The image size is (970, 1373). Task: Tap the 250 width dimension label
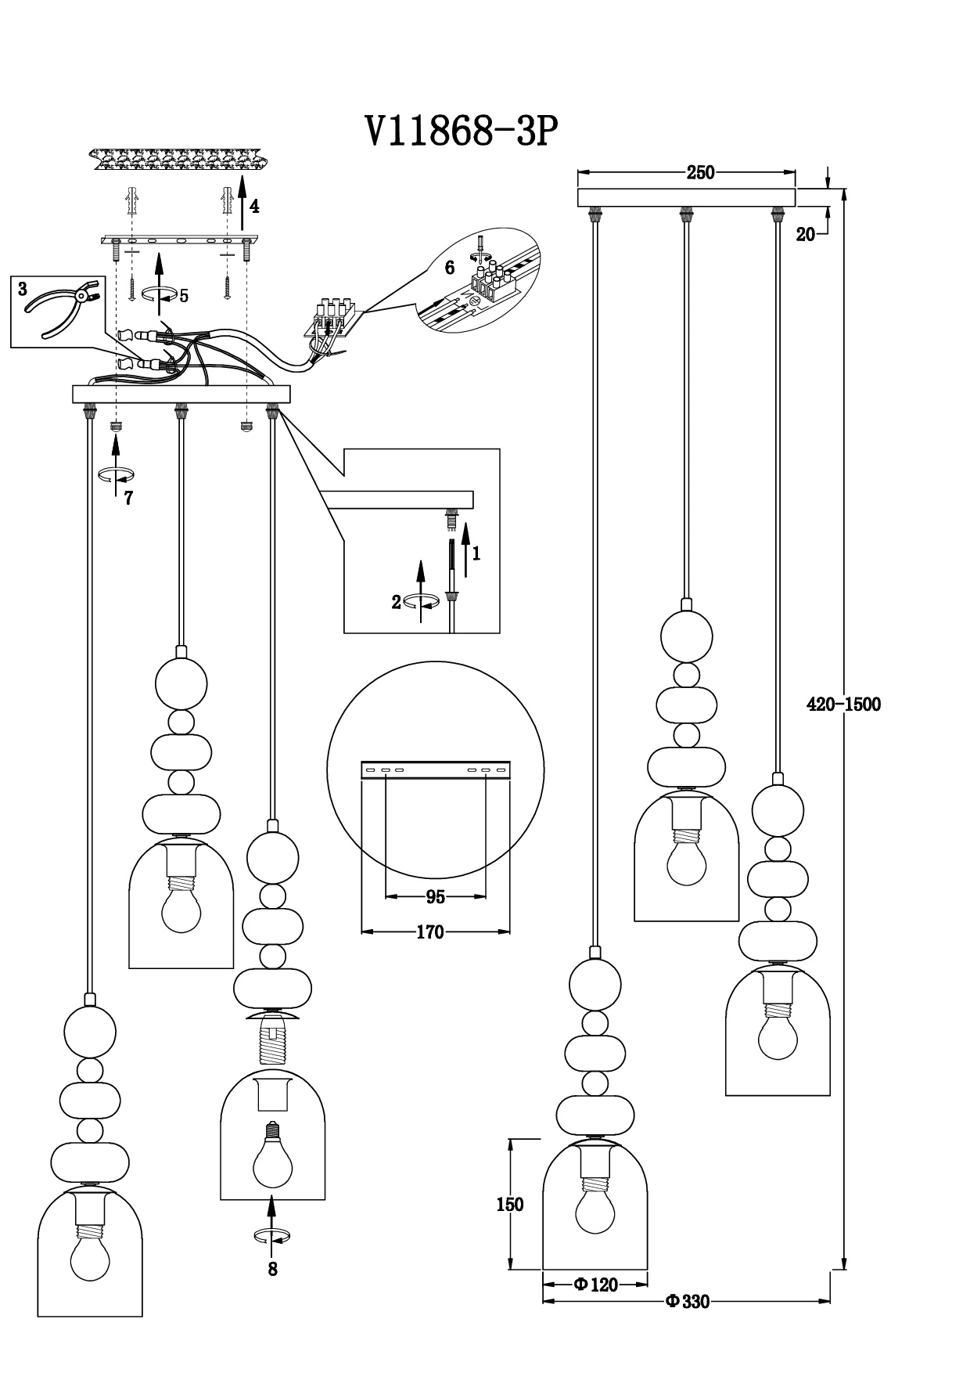[x=700, y=173]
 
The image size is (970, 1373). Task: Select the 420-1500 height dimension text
[x=843, y=704]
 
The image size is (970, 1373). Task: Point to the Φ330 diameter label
[x=687, y=1302]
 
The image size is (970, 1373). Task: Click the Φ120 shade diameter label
[x=595, y=1284]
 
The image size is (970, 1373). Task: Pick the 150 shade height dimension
[x=509, y=1204]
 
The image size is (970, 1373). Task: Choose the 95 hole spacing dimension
[x=435, y=897]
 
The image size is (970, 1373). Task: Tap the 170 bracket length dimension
[x=430, y=932]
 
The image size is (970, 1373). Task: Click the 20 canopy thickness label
[x=805, y=234]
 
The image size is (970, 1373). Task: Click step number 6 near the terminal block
[x=449, y=268]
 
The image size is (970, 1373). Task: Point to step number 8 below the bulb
[x=272, y=1269]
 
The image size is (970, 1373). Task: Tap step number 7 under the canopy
[x=128, y=498]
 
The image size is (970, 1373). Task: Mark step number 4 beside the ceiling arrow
[x=254, y=207]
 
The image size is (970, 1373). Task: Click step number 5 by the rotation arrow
[x=184, y=296]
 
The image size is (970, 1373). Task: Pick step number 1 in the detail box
[x=476, y=553]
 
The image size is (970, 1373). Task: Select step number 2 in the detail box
[x=397, y=602]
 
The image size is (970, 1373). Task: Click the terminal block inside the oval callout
[x=492, y=280]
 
